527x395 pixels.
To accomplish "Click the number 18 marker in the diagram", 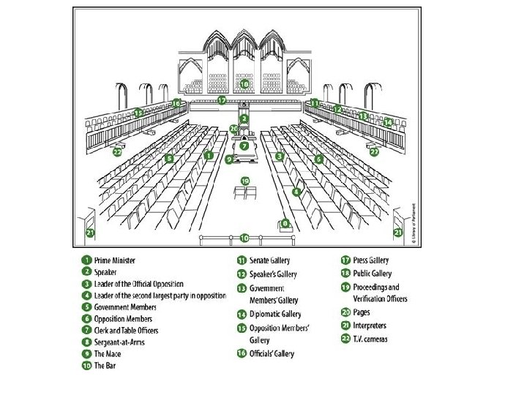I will coord(244,84).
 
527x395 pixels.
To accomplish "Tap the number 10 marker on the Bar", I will coord(244,237).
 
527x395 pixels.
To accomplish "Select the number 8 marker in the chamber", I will coord(285,223).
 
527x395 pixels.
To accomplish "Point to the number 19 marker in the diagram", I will coord(245,181).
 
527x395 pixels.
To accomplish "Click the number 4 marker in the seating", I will coord(296,192).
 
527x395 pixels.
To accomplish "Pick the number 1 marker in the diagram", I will coord(209,155).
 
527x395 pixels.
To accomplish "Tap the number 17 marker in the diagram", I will coord(222,100).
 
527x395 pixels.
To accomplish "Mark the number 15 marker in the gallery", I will coord(138,113).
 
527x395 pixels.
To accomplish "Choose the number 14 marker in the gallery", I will coord(389,121).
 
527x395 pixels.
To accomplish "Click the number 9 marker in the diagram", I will coord(229,159).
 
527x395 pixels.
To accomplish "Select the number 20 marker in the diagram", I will coord(233,129).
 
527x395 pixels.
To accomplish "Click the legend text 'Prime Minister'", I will coord(115,260).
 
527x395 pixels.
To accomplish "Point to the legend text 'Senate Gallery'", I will coord(269,260).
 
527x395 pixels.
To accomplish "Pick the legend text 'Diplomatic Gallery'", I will coord(275,314).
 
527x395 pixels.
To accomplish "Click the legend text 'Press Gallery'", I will coord(371,260).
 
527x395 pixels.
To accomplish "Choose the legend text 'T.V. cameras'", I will coord(370,339).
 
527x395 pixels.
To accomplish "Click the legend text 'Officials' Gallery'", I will coord(272,354).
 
